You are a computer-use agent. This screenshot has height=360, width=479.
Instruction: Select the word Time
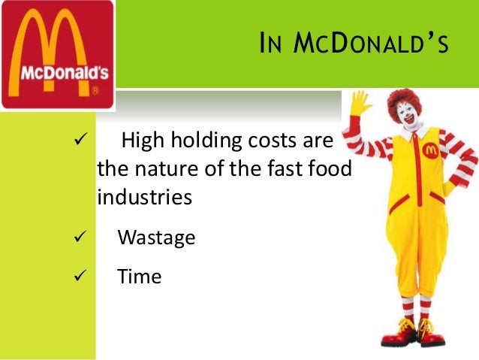pyautogui.click(x=140, y=276)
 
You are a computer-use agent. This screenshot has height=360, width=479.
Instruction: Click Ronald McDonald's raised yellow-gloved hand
pyautogui.click(x=360, y=104)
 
